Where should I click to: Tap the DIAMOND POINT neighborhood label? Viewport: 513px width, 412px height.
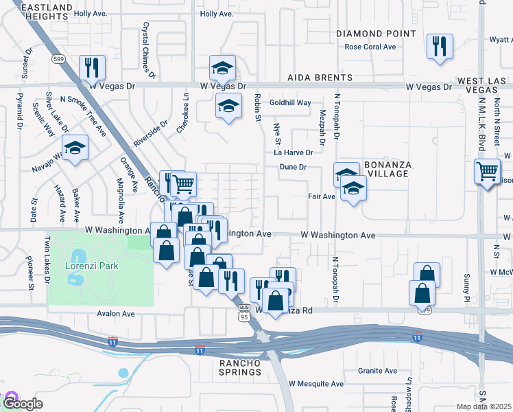point(376,33)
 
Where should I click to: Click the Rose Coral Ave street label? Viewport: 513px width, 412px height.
point(370,47)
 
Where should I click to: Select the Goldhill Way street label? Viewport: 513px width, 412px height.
point(290,102)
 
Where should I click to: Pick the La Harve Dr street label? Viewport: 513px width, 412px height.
point(294,152)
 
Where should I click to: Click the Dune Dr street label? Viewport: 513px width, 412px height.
point(291,167)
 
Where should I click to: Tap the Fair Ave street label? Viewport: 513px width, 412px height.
point(321,196)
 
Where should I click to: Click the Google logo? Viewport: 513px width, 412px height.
point(22,403)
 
